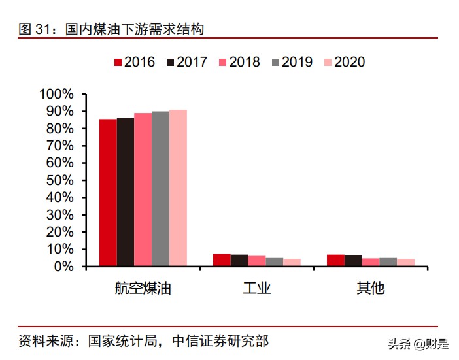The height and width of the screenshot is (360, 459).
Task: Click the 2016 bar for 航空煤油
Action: pyautogui.click(x=108, y=193)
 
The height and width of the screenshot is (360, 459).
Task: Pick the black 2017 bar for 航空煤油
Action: pyautogui.click(x=126, y=192)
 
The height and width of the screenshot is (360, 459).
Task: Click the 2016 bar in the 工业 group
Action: pyautogui.click(x=222, y=260)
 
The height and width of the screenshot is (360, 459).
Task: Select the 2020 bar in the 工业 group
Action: pyautogui.click(x=292, y=263)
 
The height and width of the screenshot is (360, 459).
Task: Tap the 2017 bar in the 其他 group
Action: pyautogui.click(x=353, y=261)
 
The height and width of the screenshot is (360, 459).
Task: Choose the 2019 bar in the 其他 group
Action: pyautogui.click(x=388, y=262)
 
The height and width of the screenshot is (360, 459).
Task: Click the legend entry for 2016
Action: pyautogui.click(x=135, y=62)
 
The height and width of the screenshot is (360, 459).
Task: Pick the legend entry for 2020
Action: pyautogui.click(x=344, y=62)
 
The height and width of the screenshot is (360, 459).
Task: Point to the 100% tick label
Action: pyautogui.click(x=57, y=94)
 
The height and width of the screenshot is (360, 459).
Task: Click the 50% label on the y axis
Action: pyautogui.click(x=60, y=180)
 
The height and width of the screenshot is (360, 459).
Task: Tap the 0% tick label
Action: pyautogui.click(x=63, y=267)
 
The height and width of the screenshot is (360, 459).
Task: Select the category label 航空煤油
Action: pyautogui.click(x=143, y=288)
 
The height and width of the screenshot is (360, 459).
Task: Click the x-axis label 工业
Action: pyautogui.click(x=256, y=288)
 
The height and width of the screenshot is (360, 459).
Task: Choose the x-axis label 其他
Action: pyautogui.click(x=370, y=288)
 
